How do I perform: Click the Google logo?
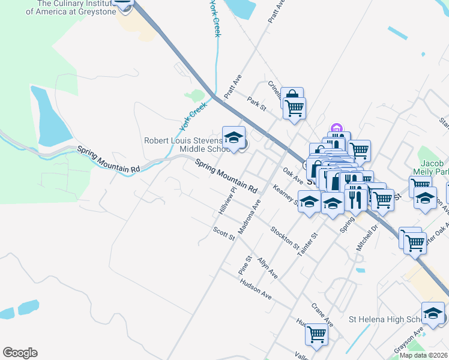tap(20, 353)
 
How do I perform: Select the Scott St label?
tap(224, 233)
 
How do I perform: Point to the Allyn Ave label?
tap(267, 268)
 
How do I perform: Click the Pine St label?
tap(244, 262)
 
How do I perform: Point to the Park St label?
tap(256, 103)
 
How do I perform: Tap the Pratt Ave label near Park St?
tap(232, 86)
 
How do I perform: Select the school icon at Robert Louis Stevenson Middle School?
tap(234, 137)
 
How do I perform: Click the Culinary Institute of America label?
tap(76, 7)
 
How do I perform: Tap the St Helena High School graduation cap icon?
tap(433, 313)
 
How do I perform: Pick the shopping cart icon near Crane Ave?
tap(316, 334)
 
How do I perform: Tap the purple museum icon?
tap(336, 128)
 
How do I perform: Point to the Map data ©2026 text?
tap(424, 355)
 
